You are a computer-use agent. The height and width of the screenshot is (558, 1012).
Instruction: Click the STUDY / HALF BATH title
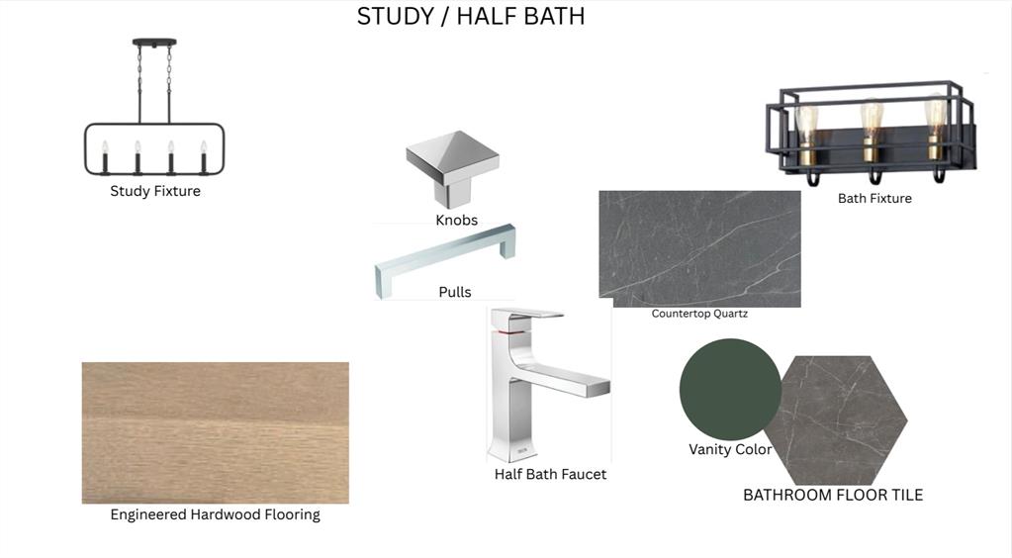pyautogui.click(x=471, y=16)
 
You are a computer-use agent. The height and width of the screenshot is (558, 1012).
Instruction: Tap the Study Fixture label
pyautogui.click(x=155, y=191)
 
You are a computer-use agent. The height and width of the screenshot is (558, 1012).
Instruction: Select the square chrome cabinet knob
pyautogui.click(x=452, y=166)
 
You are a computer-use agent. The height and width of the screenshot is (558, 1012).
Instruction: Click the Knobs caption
pyautogui.click(x=456, y=221)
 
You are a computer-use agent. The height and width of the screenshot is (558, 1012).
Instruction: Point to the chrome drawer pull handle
pyautogui.click(x=445, y=259)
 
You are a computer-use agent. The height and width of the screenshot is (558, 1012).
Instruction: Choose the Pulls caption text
pyautogui.click(x=455, y=292)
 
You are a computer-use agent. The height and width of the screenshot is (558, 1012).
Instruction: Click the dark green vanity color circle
pyautogui.click(x=729, y=389)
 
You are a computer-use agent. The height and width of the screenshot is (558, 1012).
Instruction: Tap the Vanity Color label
pyautogui.click(x=730, y=449)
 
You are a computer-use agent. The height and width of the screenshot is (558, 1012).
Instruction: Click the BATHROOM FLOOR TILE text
pyautogui.click(x=833, y=496)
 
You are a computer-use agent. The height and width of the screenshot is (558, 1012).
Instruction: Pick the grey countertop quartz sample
pyautogui.click(x=699, y=248)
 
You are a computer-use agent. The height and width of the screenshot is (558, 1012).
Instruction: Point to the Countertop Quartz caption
pyautogui.click(x=699, y=314)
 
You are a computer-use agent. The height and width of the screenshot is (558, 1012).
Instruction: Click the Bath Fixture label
pyautogui.click(x=874, y=199)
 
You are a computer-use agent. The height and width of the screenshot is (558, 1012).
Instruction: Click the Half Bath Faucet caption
pyautogui.click(x=551, y=475)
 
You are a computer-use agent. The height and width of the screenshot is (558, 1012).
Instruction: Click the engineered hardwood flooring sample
pyautogui.click(x=216, y=432)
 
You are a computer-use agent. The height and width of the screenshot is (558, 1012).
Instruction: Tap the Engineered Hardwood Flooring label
pyautogui.click(x=215, y=514)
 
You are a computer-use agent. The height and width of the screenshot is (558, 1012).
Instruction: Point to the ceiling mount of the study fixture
pyautogui.click(x=154, y=43)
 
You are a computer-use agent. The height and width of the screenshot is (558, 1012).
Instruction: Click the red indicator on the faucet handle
pyautogui.click(x=511, y=331)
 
